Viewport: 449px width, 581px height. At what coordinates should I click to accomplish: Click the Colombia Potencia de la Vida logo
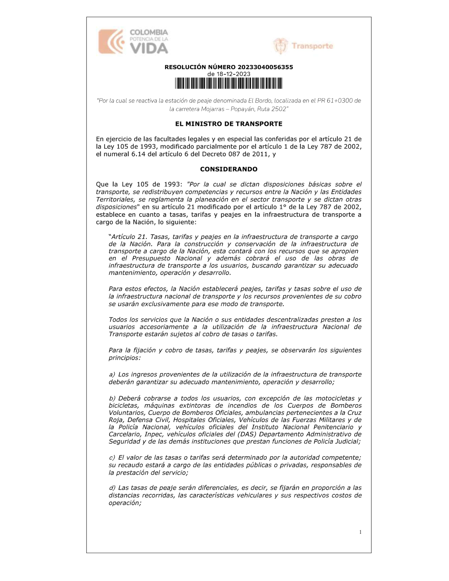pyautogui.click(x=133, y=41)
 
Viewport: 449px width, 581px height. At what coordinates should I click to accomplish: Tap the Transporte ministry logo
pyautogui.click(x=303, y=46)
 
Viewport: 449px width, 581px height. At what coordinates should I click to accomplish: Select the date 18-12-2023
pyautogui.click(x=233, y=74)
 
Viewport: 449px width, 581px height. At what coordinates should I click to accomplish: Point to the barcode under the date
pyautogui.click(x=229, y=84)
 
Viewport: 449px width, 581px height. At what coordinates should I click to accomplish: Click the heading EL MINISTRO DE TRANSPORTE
pyautogui.click(x=229, y=124)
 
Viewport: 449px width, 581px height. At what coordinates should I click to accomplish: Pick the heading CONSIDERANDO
pyautogui.click(x=229, y=169)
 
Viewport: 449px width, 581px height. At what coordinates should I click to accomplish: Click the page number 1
pyautogui.click(x=360, y=532)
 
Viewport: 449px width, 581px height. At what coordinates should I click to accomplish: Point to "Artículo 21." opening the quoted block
pyautogui.click(x=129, y=237)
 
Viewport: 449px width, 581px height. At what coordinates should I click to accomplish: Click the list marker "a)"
pyautogui.click(x=112, y=374)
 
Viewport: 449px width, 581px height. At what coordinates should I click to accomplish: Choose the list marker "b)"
pyautogui.click(x=112, y=398)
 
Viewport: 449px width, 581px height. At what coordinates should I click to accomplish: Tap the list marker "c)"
pyautogui.click(x=112, y=458)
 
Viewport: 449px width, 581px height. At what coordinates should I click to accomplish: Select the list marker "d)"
pyautogui.click(x=112, y=488)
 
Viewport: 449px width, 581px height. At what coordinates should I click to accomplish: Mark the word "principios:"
pyautogui.click(x=124, y=358)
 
